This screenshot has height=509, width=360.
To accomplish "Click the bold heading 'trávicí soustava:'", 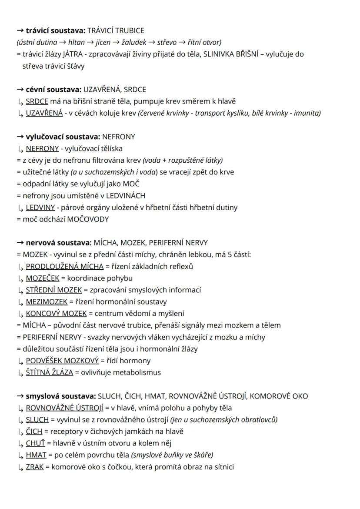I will click(x=55, y=30).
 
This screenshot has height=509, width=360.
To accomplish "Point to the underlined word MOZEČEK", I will click(x=42, y=278).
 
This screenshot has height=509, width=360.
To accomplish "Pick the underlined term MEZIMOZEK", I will click(x=47, y=301).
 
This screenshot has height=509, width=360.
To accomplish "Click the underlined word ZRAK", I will click(x=35, y=466).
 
